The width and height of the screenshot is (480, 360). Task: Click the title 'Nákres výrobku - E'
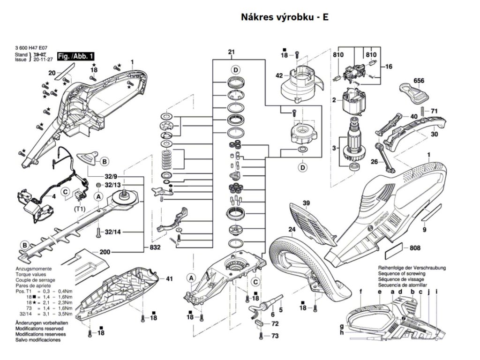coord(285,17)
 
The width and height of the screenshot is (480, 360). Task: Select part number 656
coord(419,81)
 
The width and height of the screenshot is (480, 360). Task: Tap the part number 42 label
coord(278,75)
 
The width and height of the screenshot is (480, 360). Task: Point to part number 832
coord(156,247)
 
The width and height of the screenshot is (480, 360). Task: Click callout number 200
coord(105,252)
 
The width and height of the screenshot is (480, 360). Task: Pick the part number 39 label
coord(306,203)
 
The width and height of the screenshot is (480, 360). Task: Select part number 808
coord(415,248)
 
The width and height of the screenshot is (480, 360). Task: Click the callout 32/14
coord(112,232)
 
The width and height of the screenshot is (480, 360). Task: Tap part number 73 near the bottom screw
coord(275,336)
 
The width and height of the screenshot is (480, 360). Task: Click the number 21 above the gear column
coord(231,52)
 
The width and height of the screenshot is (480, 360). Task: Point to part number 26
coord(374,162)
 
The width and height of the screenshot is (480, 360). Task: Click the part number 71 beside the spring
coord(435,111)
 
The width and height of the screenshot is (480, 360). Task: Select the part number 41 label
coord(169,279)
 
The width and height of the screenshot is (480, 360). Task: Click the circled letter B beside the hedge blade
coord(24,245)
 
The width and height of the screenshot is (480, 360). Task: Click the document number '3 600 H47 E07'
coord(31,48)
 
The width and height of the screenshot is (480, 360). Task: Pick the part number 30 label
coord(434,134)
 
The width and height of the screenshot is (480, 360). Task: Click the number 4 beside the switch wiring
coord(53,196)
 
